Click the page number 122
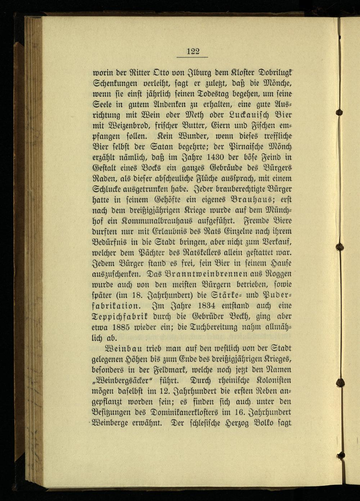tap(193, 51)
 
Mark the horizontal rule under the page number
tap(193, 57)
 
